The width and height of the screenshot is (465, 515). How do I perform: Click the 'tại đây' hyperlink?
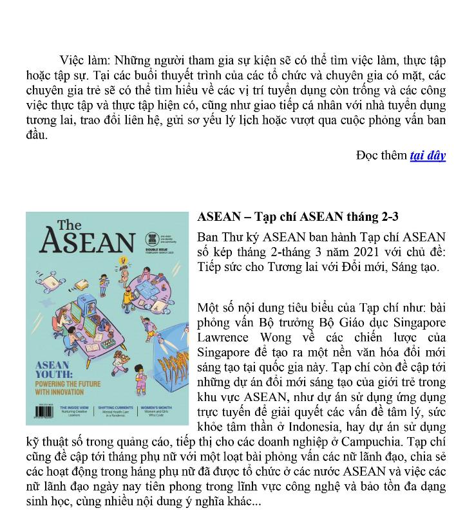[428, 155]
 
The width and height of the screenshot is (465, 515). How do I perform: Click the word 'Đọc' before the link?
[368, 155]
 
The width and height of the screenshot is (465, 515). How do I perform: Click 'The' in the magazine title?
[69, 225]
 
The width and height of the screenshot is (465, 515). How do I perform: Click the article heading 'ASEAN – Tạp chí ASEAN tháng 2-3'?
[302, 216]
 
